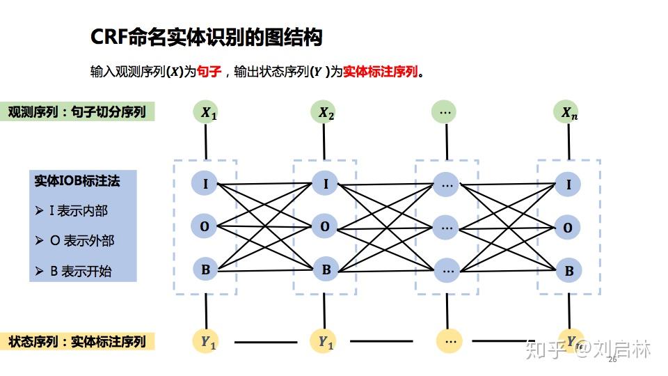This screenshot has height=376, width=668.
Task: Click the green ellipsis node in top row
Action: click(446, 111)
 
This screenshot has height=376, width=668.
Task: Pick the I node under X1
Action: click(205, 184)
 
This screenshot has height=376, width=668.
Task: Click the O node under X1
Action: click(205, 226)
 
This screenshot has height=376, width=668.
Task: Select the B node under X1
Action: click(205, 269)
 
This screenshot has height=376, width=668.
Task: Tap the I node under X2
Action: click(325, 184)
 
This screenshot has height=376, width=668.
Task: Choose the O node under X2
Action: click(325, 226)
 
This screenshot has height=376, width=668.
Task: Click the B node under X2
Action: click(325, 269)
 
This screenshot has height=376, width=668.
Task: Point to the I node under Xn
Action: click(568, 185)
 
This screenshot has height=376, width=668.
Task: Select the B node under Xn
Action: click(568, 271)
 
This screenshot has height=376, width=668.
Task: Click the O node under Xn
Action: click(568, 228)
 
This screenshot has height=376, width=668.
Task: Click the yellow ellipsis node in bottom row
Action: click(450, 341)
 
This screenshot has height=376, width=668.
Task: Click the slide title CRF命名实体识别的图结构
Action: click(207, 37)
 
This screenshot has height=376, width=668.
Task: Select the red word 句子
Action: click(209, 72)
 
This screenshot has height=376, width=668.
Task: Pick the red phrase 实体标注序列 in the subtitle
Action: click(381, 72)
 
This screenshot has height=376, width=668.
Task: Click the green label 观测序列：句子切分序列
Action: click(77, 111)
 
